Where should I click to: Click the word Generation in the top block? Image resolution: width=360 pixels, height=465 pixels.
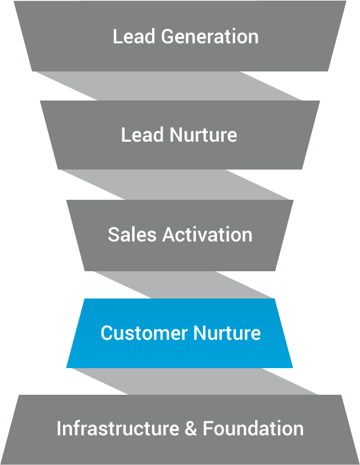pyautogui.click(x=210, y=36)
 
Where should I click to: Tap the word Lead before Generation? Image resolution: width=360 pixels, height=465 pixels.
pyautogui.click(x=134, y=36)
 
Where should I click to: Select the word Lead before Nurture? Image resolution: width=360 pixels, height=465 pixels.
pyautogui.click(x=142, y=135)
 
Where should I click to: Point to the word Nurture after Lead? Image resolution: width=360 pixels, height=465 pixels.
pyautogui.click(x=203, y=135)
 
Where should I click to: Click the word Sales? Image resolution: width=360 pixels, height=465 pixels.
pyautogui.click(x=132, y=234)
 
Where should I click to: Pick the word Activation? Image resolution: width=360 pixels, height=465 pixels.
pyautogui.click(x=207, y=234)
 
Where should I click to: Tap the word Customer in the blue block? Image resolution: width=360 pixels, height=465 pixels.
pyautogui.click(x=144, y=333)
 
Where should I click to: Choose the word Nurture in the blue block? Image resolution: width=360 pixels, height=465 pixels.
pyautogui.click(x=227, y=333)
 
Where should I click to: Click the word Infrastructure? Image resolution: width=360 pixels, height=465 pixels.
pyautogui.click(x=118, y=429)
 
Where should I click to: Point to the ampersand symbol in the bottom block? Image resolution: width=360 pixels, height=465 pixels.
pyautogui.click(x=191, y=429)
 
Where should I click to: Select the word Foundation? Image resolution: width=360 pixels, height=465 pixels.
pyautogui.click(x=253, y=429)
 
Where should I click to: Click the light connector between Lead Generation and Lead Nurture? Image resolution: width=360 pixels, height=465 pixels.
pyautogui.click(x=168, y=86)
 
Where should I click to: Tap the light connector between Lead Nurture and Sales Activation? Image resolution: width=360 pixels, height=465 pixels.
pyautogui.click(x=175, y=185)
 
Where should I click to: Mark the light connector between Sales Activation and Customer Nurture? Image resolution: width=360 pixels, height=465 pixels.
pyautogui.click(x=184, y=285)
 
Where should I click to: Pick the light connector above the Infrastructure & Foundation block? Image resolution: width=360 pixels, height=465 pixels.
pyautogui.click(x=195, y=381)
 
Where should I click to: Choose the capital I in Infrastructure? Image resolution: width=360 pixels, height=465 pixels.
pyautogui.click(x=58, y=429)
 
